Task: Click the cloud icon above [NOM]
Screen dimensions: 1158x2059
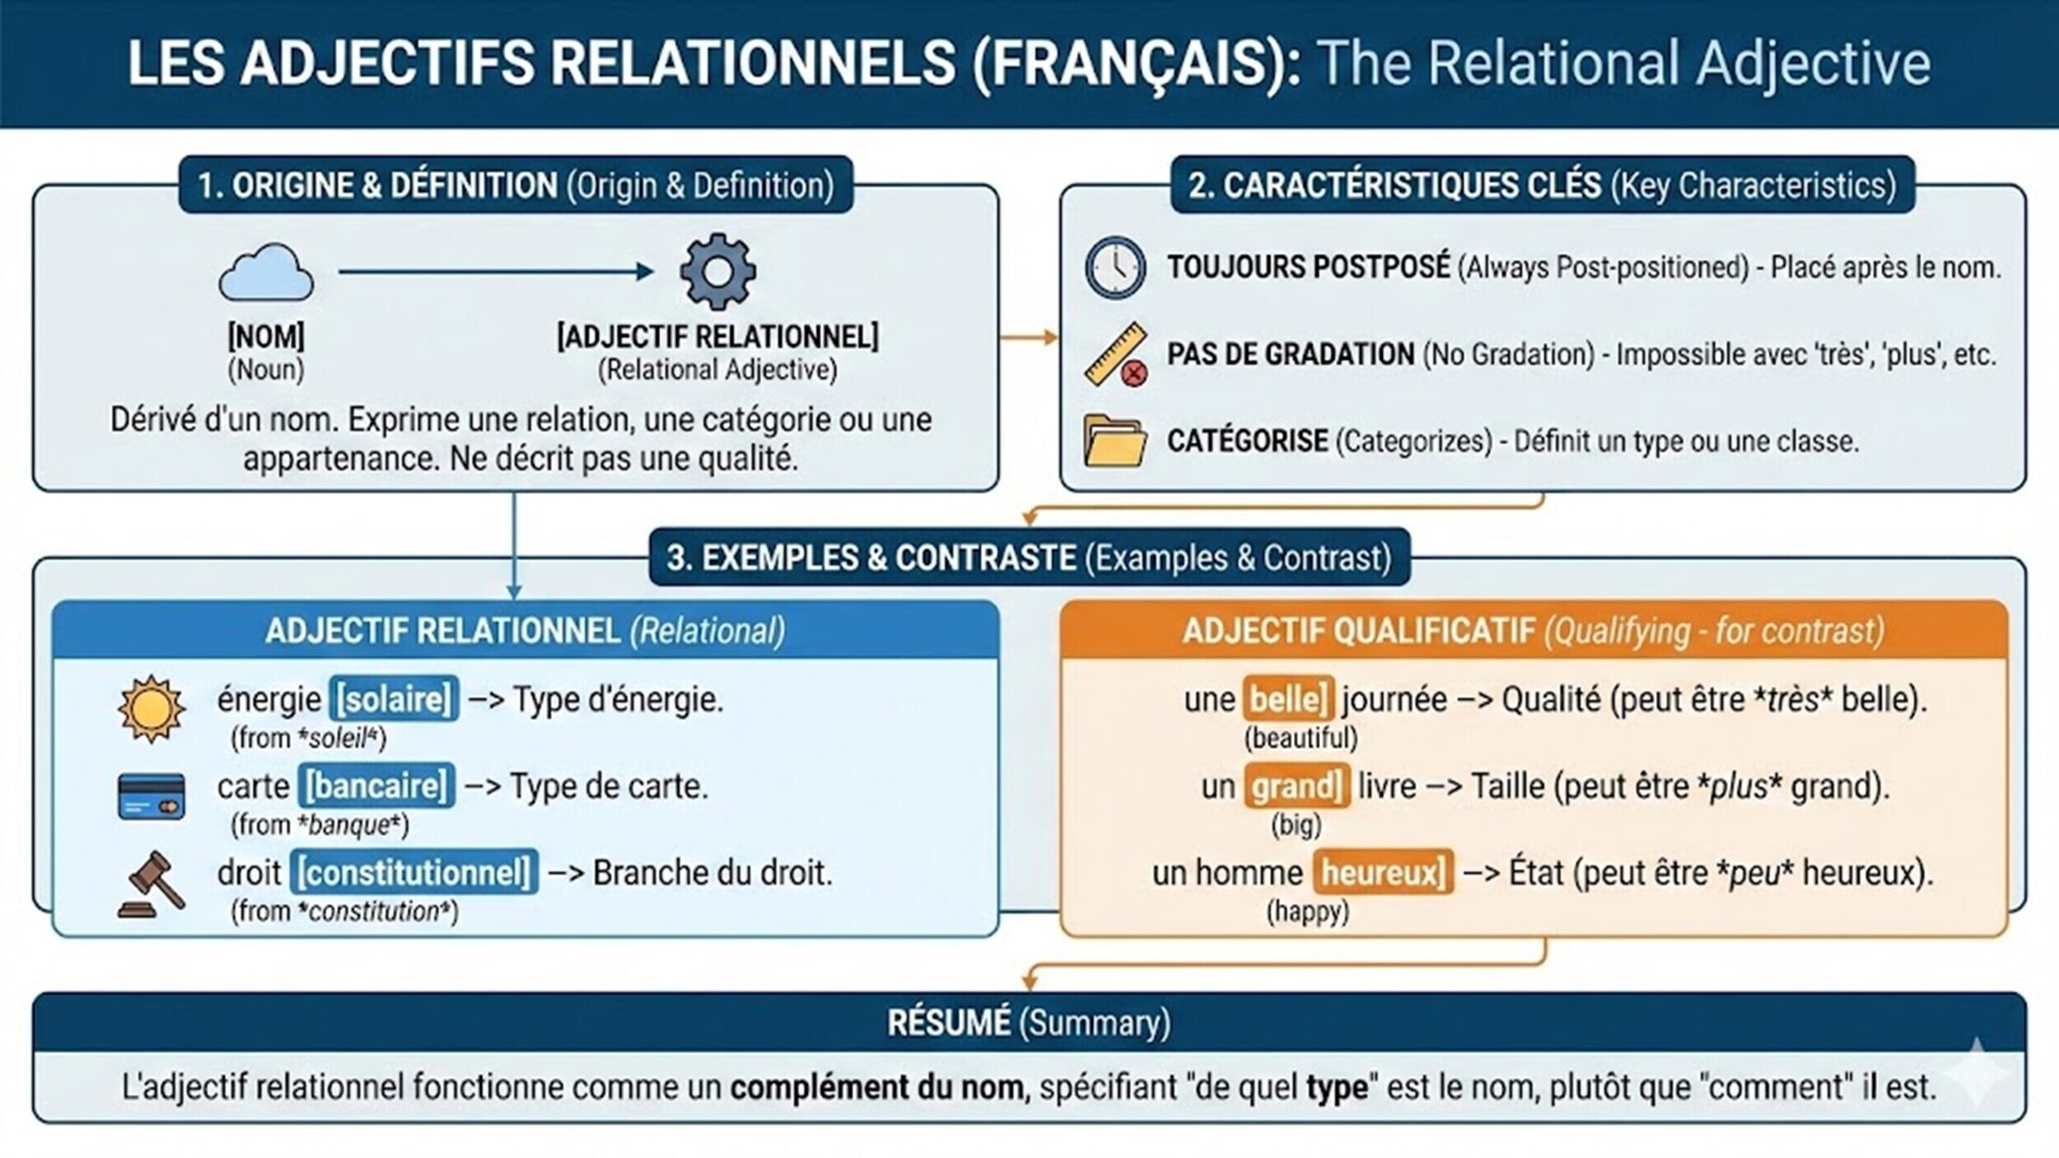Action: click(x=265, y=273)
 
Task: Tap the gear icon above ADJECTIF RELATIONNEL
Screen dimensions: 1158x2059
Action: click(x=717, y=272)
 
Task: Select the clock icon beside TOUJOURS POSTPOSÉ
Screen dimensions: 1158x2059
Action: click(x=1115, y=268)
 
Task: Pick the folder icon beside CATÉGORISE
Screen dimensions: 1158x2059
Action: click(x=1114, y=441)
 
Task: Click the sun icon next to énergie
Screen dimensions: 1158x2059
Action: click(x=151, y=709)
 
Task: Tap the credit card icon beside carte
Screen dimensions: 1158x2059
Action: click(x=152, y=796)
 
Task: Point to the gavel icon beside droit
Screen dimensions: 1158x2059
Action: click(x=152, y=885)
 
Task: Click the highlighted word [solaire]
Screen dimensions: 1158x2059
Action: click(x=395, y=699)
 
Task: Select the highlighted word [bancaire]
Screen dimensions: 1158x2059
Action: click(x=376, y=786)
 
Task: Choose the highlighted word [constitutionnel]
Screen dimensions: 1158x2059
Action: click(x=414, y=872)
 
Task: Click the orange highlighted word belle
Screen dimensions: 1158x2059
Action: click(x=1288, y=699)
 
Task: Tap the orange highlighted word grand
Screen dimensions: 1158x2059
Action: click(x=1296, y=786)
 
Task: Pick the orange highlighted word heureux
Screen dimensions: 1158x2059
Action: click(x=1383, y=872)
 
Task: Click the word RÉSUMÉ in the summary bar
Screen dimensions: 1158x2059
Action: click(x=949, y=1023)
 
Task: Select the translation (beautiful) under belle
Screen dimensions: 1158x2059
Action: click(x=1300, y=738)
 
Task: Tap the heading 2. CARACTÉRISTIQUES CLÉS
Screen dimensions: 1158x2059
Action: click(x=1394, y=185)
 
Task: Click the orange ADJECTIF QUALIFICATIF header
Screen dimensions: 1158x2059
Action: click(x=1359, y=632)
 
